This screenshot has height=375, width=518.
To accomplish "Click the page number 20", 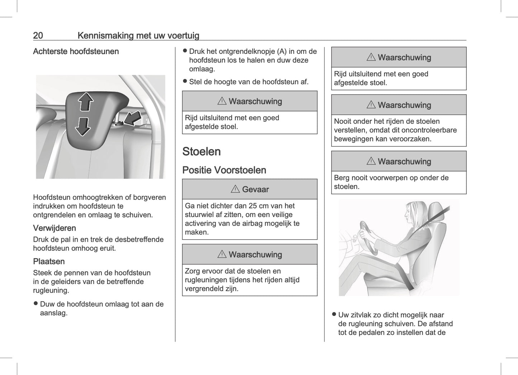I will click(38, 35).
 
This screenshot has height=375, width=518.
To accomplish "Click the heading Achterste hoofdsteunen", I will click(76, 52).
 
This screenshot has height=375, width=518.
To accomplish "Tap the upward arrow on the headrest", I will click(86, 101).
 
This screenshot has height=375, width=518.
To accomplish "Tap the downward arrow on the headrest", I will click(82, 126).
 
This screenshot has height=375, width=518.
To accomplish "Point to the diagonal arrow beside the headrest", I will click(133, 118).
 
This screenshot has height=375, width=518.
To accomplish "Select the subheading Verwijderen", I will click(54, 228).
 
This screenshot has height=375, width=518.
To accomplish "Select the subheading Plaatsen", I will click(49, 261).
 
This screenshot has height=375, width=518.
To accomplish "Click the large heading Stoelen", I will click(201, 152).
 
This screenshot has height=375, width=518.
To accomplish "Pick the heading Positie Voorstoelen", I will click(224, 170).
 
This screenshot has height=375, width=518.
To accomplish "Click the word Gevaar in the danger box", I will click(255, 189).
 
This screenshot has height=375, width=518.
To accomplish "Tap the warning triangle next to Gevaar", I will click(235, 189).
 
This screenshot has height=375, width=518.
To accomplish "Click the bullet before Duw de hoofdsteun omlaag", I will click(35, 303).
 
